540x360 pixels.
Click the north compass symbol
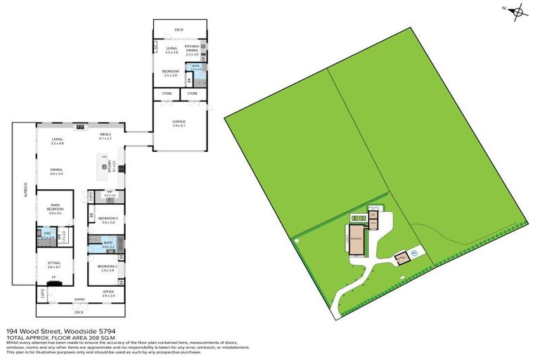[517, 11]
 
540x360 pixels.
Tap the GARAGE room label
[180, 122]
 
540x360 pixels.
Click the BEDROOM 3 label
[107, 219]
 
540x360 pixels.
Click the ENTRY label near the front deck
[79, 300]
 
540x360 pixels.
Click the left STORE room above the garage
[167, 93]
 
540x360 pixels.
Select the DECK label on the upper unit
[179, 30]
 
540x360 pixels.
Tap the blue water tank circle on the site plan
[414, 252]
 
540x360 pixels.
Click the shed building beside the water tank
[401, 258]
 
